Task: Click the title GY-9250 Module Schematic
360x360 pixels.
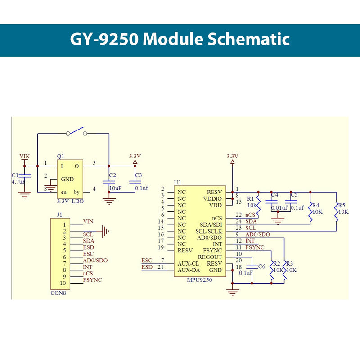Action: tap(180, 40)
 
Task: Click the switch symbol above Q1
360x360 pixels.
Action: tap(76, 132)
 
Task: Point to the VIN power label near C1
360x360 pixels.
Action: tap(25, 156)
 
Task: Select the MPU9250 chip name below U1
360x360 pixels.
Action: tap(199, 279)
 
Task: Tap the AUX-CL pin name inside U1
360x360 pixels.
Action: tap(188, 263)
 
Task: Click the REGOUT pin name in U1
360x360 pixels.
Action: tap(210, 256)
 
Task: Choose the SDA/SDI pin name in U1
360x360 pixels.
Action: tap(211, 225)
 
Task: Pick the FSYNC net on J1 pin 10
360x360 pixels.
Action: tap(92, 280)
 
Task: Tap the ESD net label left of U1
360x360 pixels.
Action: tap(147, 267)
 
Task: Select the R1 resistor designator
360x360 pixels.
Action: tap(251, 198)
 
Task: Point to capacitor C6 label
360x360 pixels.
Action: tap(261, 266)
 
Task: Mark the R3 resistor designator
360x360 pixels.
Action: tap(289, 264)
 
